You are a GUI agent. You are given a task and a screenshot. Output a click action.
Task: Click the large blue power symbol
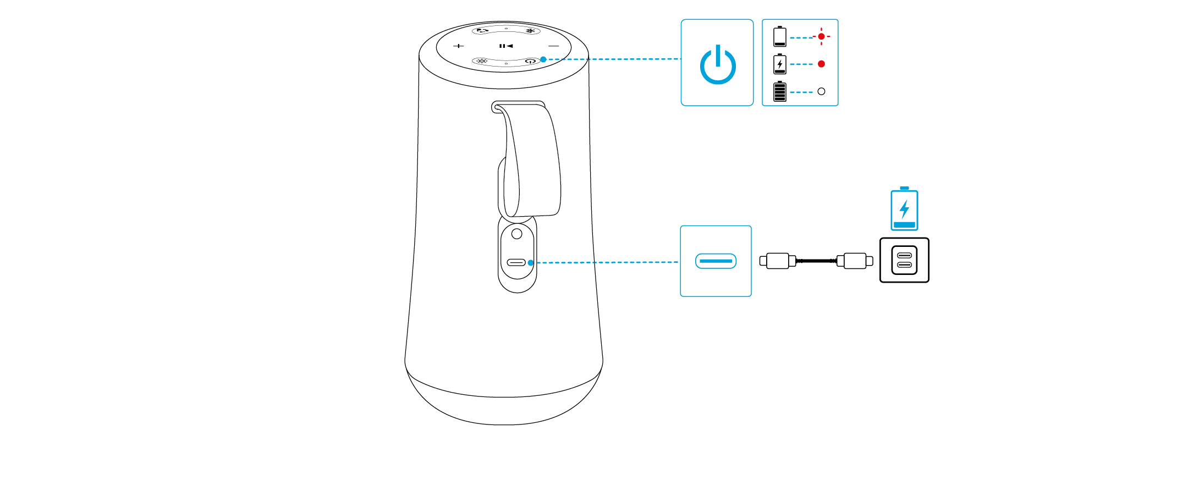pos(718,65)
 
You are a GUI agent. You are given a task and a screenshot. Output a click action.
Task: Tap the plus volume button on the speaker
pos(459,46)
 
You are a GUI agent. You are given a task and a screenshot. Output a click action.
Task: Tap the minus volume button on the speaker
pos(554,46)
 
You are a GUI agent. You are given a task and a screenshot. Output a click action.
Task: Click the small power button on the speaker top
pos(531,61)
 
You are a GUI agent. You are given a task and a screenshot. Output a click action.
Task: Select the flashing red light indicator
pos(821,36)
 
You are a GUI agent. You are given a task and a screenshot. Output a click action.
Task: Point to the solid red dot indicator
pos(821,64)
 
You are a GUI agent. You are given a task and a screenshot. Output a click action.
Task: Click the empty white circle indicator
pos(821,91)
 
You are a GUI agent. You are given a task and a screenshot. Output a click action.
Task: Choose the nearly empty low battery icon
pos(780,37)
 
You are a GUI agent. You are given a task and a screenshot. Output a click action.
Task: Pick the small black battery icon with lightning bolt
pos(780,64)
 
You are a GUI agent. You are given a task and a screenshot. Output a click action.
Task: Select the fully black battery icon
pos(780,92)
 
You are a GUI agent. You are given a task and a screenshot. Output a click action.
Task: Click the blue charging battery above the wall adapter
pos(904,209)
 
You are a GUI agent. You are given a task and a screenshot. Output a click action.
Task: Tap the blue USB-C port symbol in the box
pos(716,261)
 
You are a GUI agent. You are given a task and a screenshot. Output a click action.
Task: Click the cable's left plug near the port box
pos(777,261)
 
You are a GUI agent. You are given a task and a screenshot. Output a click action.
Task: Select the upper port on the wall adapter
pos(904,256)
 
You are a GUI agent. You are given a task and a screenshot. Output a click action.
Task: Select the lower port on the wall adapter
pos(904,265)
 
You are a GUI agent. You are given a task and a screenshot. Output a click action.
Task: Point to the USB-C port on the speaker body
pos(516,262)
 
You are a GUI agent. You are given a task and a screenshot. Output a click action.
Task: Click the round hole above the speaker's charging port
pos(516,234)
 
